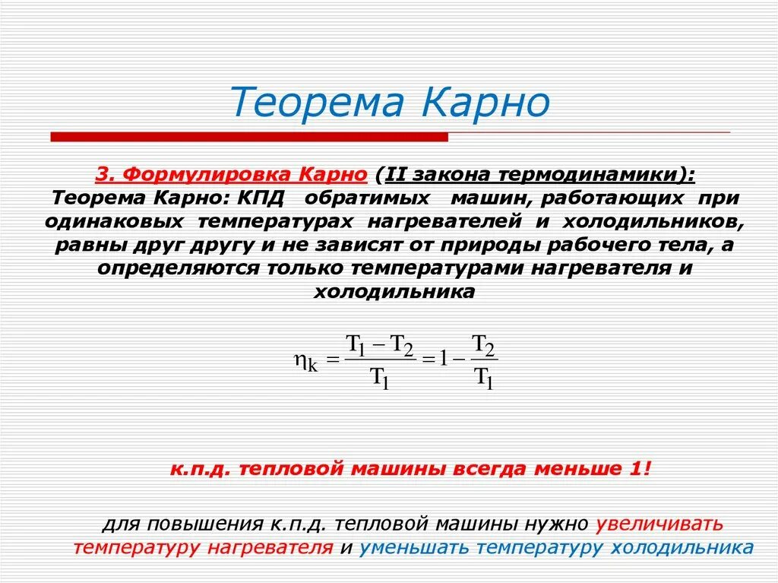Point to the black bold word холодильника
394,293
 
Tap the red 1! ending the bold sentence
640,469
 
